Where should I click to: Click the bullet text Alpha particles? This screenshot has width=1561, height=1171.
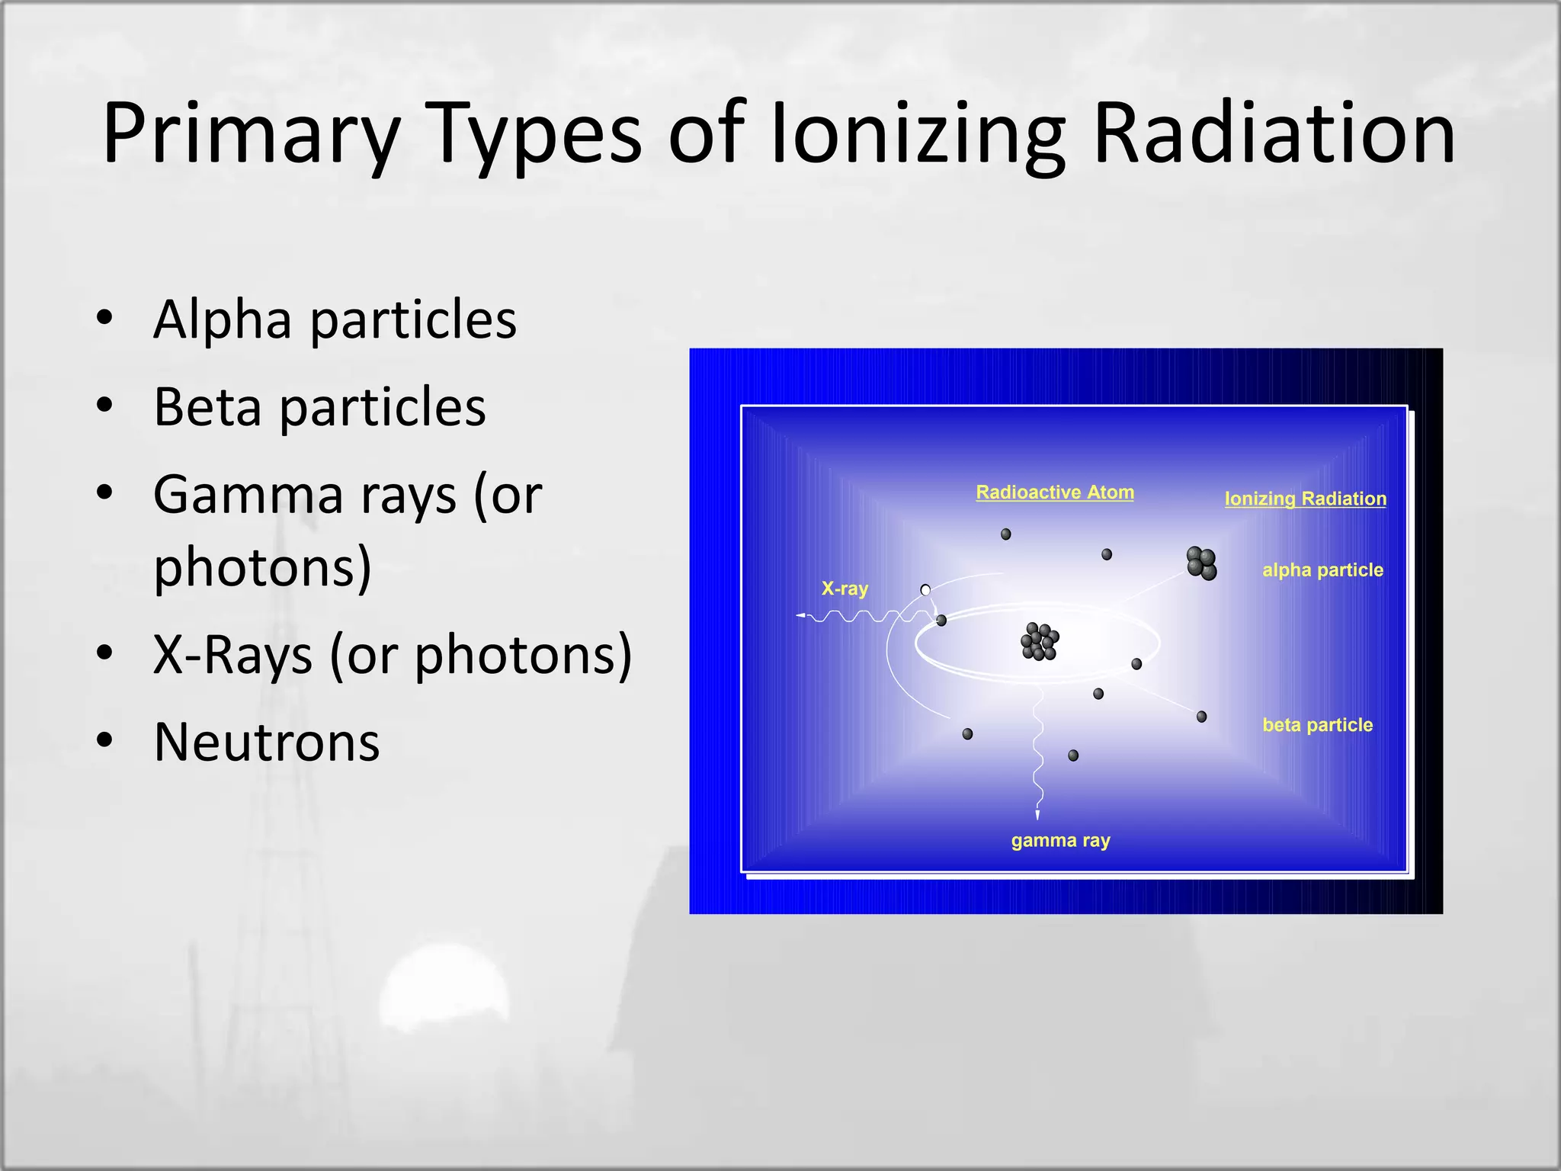tap(335, 319)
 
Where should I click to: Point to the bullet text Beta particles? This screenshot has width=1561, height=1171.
tap(319, 406)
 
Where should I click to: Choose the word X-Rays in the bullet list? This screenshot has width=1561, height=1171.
tap(232, 654)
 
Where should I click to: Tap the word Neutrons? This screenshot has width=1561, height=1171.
tap(266, 742)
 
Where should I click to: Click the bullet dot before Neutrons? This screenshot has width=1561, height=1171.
tap(105, 739)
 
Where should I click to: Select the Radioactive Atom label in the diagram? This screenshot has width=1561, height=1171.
tap(1055, 492)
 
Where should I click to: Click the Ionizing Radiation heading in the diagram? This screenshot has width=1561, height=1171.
tap(1305, 499)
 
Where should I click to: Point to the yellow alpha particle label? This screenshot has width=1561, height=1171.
tap(1322, 570)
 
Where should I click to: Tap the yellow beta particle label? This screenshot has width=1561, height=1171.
tap(1317, 725)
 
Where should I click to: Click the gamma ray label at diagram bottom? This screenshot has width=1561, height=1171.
tap(1060, 841)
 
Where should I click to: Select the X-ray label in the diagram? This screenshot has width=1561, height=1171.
tap(845, 589)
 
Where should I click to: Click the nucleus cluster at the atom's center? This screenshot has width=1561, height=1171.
tap(1040, 642)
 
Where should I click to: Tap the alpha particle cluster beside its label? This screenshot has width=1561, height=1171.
tap(1201, 563)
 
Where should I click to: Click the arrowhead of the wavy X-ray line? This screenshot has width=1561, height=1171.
tap(801, 615)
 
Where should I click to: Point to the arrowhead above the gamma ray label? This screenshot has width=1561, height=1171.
tap(1037, 815)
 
